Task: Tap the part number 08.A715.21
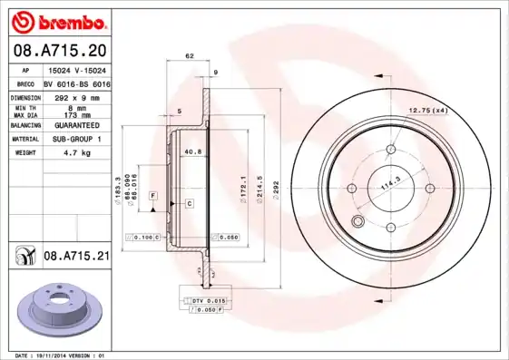tap(77, 257)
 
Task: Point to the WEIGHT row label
tap(24, 154)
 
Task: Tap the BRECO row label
tap(25, 83)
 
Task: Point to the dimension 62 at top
tap(190, 56)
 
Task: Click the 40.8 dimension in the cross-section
tap(191, 151)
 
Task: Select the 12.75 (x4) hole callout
tap(427, 110)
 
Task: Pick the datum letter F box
tap(153, 196)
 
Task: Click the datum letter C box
tap(191, 204)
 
